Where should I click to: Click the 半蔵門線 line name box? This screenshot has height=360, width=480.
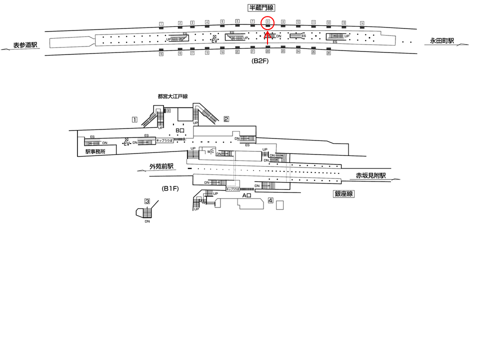[x=262, y=7]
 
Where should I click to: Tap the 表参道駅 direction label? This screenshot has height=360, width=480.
[x=25, y=45]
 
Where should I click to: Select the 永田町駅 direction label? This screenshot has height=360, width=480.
[x=442, y=41]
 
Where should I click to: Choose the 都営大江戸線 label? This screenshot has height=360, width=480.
[x=172, y=96]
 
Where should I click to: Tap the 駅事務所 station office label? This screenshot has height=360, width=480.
[x=95, y=151]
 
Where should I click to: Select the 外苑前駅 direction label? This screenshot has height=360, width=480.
[x=161, y=166]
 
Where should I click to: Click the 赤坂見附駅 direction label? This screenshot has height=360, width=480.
[x=371, y=175]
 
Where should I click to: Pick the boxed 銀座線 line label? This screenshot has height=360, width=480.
[x=344, y=193]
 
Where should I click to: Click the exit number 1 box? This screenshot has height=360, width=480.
[x=134, y=119]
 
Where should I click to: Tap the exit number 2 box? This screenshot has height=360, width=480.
[x=226, y=119]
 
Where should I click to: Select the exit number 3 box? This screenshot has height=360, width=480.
[x=147, y=201]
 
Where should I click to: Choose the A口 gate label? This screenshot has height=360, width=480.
[x=246, y=195]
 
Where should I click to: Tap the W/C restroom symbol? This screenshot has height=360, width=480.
[x=211, y=151]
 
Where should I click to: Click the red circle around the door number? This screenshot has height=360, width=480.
[x=268, y=22]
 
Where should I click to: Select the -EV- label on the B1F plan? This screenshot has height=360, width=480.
[x=126, y=143]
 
